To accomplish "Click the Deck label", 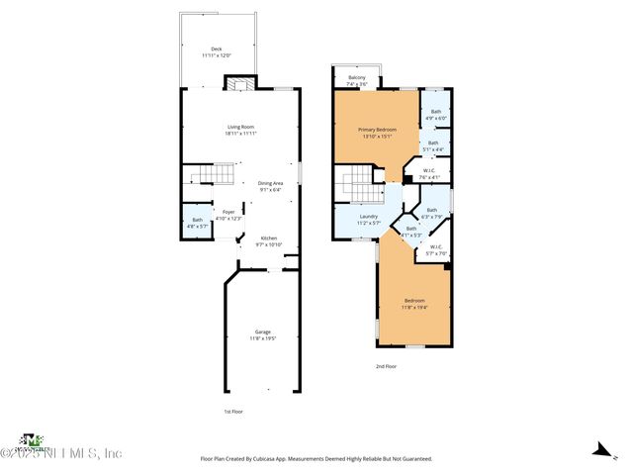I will (216, 51).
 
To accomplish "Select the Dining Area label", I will (271, 186).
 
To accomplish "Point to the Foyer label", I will (228, 215).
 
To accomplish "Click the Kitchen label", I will (269, 240).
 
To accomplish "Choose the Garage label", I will (263, 334).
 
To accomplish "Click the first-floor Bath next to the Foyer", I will (196, 223).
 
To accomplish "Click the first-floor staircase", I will (214, 177).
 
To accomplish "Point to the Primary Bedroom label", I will (378, 134).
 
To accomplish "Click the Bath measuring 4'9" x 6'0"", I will (435, 115).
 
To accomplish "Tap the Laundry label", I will (369, 220).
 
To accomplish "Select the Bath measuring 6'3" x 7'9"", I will (431, 213).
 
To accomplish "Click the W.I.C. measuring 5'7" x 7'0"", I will (436, 251).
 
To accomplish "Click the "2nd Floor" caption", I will (386, 366).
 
